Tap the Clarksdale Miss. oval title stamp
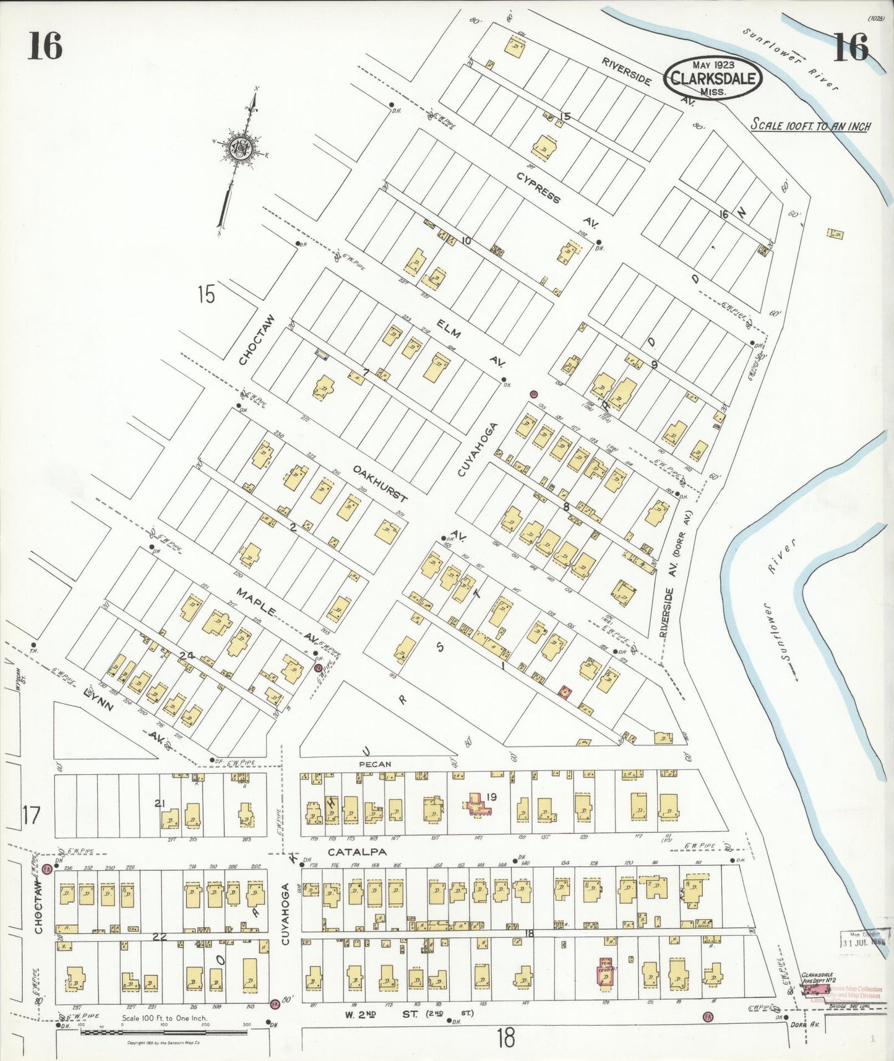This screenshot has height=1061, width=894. (x=713, y=79)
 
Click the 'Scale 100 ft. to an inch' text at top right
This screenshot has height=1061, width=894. (x=810, y=125)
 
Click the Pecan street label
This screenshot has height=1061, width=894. (x=376, y=764)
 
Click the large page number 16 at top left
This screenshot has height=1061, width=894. (x=45, y=47)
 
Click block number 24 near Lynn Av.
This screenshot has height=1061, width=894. (x=187, y=655)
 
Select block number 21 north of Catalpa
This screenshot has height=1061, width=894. (x=160, y=803)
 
